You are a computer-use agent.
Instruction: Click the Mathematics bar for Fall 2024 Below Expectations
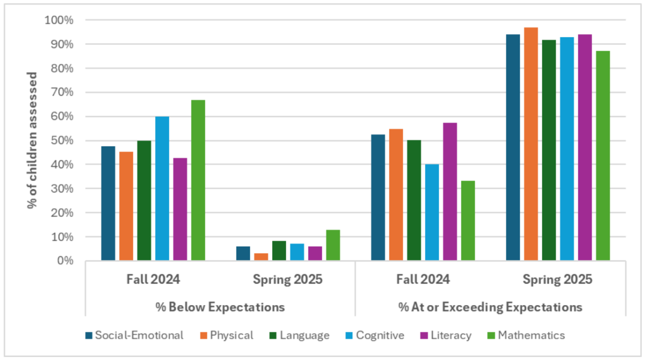(198, 180)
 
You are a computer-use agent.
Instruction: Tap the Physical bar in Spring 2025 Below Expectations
(261, 257)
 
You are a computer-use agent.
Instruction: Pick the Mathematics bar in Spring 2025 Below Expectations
(333, 245)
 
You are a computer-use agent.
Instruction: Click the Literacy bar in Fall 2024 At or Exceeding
(450, 192)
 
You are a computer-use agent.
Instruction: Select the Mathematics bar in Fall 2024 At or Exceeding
(468, 221)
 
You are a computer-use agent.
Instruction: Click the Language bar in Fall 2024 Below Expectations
(144, 200)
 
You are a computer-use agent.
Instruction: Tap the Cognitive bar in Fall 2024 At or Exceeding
(432, 213)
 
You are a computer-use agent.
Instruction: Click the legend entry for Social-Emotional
(134, 335)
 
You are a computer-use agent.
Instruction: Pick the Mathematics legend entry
(526, 335)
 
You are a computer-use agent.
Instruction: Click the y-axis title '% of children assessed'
(32, 140)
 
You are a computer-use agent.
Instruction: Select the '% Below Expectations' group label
(220, 307)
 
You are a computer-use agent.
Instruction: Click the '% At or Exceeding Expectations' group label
(490, 307)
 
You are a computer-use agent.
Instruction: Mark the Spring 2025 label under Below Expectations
(287, 279)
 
